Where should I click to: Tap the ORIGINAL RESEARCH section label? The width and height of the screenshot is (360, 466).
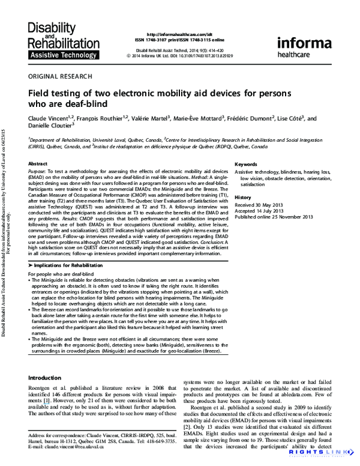pos(61,76)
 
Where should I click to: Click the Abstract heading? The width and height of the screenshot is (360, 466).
pos(38,163)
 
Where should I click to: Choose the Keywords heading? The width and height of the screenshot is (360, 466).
pos(246,163)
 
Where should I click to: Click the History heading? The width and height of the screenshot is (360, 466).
pos(242,198)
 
